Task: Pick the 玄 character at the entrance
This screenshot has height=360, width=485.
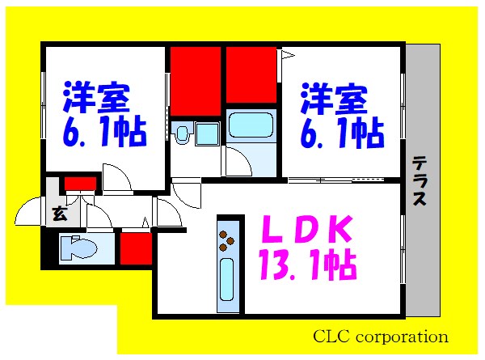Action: (59, 214)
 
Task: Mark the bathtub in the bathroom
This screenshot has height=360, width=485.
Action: (251, 125)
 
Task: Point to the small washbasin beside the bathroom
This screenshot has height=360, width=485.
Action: (182, 133)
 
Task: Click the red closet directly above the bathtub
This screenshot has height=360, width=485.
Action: (251, 75)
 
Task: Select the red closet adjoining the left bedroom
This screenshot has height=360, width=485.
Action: (195, 81)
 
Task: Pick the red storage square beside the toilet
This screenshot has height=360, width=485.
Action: (136, 248)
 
